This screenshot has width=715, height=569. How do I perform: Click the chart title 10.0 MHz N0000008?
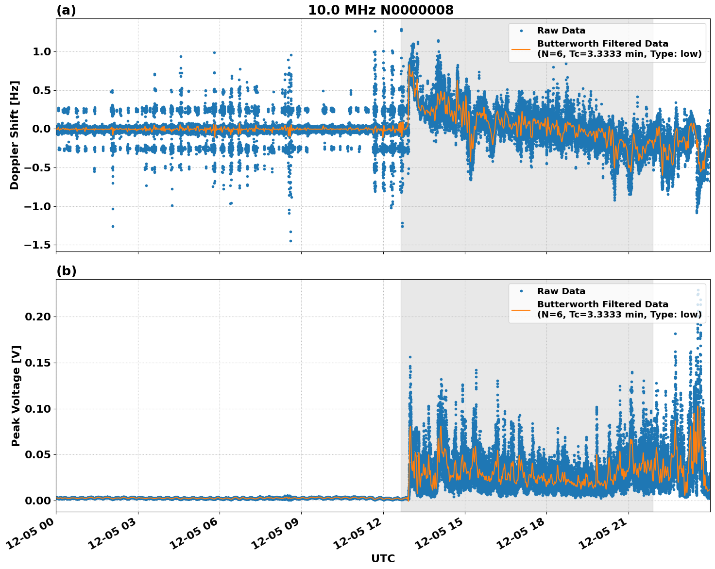pyautogui.click(x=380, y=10)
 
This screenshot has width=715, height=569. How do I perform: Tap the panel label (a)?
pyautogui.click(x=66, y=10)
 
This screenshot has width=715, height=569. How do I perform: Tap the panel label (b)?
pyautogui.click(x=66, y=271)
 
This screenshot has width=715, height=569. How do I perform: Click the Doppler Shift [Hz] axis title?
pyautogui.click(x=15, y=135)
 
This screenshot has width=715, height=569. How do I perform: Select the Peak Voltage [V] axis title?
pyautogui.click(x=16, y=396)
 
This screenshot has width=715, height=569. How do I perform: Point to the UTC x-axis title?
pyautogui.click(x=383, y=558)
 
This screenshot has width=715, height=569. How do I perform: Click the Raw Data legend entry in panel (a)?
pyautogui.click(x=561, y=31)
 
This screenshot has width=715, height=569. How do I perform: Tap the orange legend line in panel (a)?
pyautogui.click(x=521, y=49)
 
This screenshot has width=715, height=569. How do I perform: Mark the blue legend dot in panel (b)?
pyautogui.click(x=521, y=291)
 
